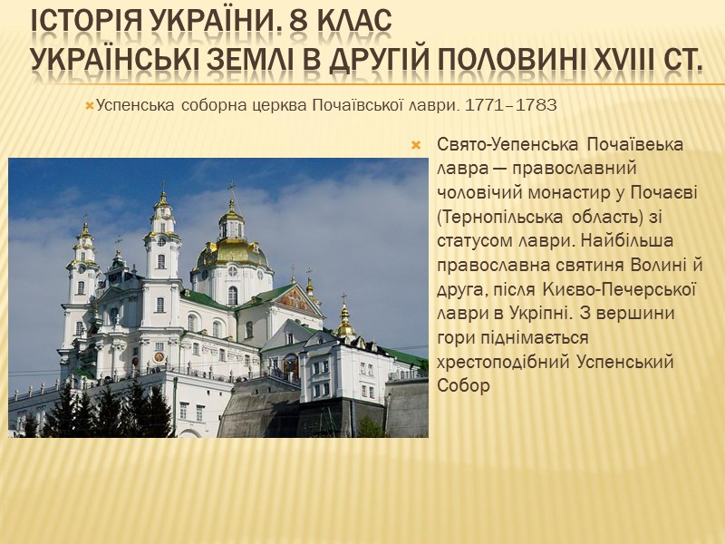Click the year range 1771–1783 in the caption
pos(510,106)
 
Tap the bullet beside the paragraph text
pos(416,146)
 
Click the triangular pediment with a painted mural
pos(299,300)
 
